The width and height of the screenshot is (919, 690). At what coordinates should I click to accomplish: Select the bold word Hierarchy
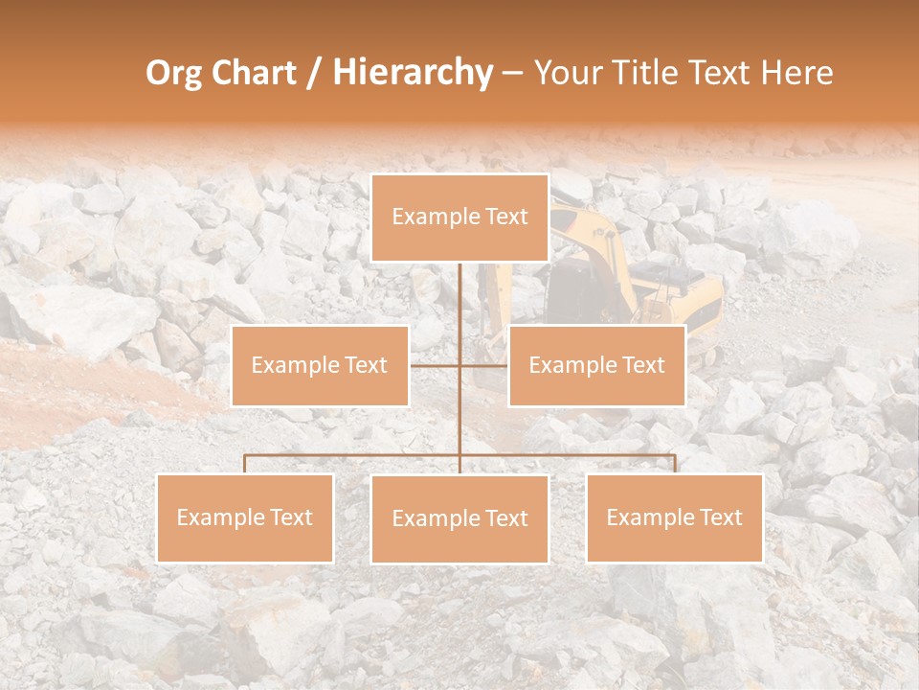(412, 73)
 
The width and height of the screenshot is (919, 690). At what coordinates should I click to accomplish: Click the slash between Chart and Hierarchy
(314, 73)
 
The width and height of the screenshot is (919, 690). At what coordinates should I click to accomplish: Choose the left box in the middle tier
(320, 366)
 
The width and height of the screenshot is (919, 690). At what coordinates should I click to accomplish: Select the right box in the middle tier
(597, 366)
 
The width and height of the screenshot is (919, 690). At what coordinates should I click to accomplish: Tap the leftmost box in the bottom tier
(245, 518)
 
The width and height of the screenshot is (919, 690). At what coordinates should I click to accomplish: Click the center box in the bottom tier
(459, 519)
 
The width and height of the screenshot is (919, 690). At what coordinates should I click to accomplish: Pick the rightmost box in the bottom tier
(675, 518)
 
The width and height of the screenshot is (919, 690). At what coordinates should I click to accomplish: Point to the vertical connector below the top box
(459, 297)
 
